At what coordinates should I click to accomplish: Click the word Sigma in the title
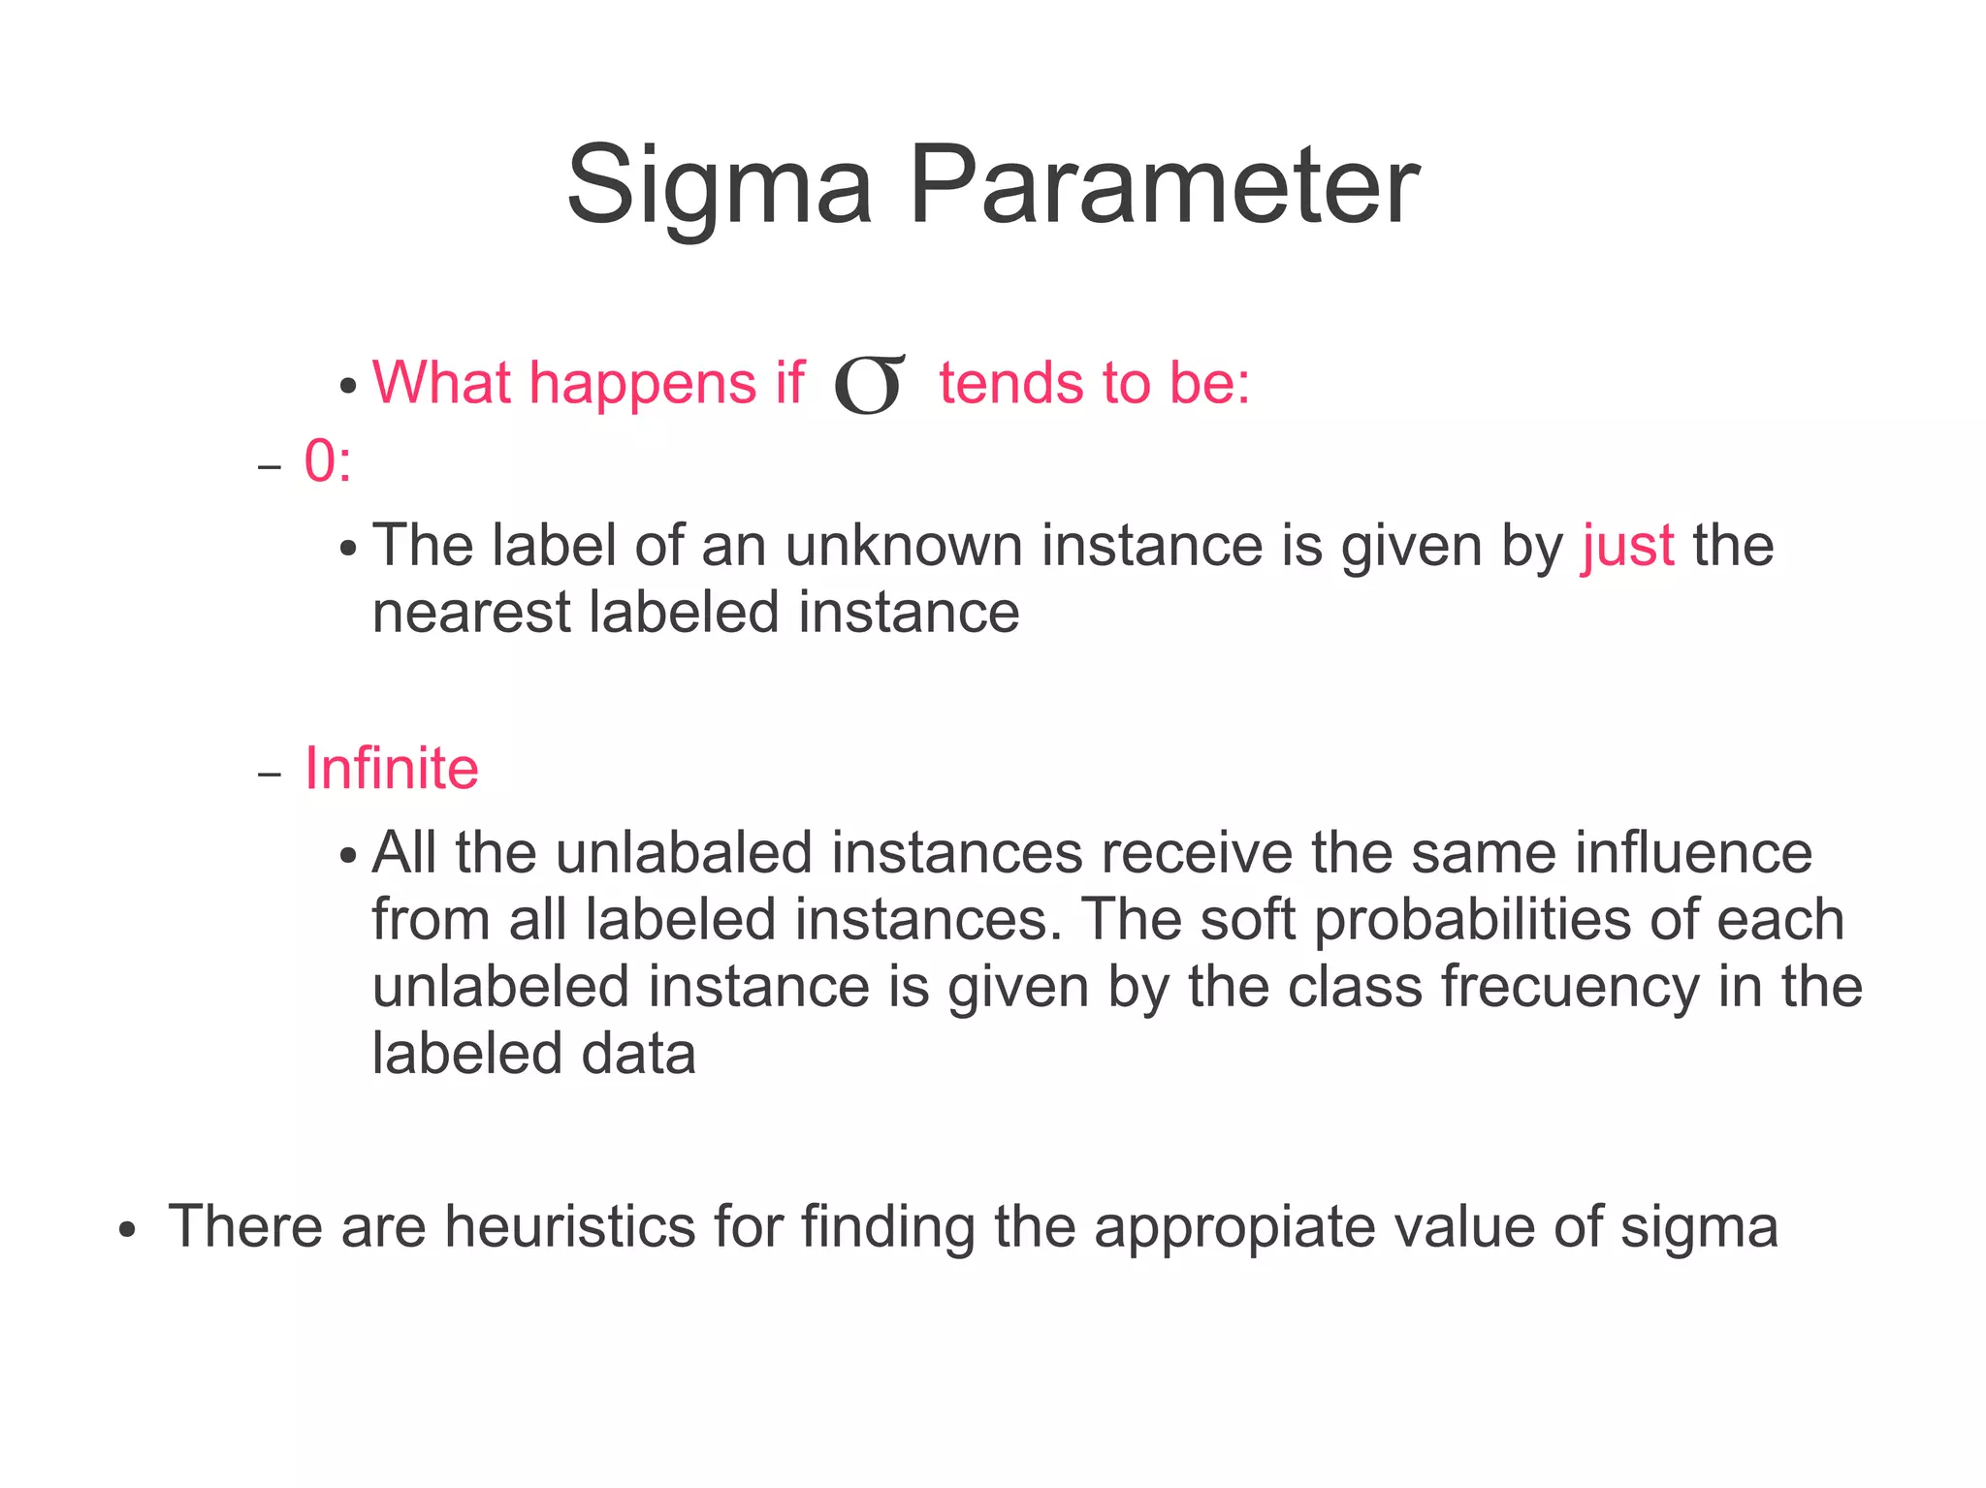719,184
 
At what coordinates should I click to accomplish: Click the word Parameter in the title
1164,184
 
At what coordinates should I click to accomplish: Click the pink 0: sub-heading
328,460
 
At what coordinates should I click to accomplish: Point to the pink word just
1627,546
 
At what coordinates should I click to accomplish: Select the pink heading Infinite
392,769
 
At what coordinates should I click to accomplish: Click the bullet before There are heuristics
126,1230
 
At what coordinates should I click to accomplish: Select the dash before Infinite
269,775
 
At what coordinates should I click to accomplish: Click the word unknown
903,546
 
